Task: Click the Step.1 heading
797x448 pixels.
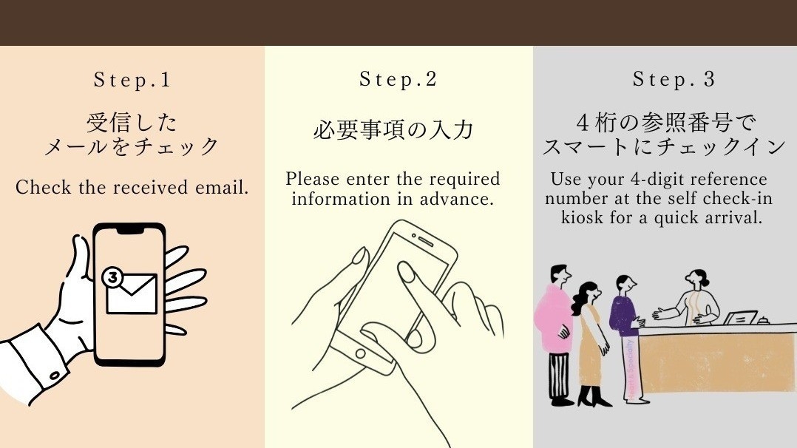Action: pyautogui.click(x=132, y=80)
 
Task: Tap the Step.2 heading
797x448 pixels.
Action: pyautogui.click(x=398, y=79)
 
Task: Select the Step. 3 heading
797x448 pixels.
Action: pyautogui.click(x=674, y=79)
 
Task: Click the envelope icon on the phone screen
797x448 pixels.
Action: pyautogui.click(x=132, y=293)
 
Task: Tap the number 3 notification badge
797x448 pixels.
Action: pyautogui.click(x=112, y=278)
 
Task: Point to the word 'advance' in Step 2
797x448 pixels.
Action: pyautogui.click(x=463, y=199)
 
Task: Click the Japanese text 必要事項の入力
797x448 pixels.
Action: pyautogui.click(x=392, y=131)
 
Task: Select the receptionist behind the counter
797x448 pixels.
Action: pyautogui.click(x=693, y=299)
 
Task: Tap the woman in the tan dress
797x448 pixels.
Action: pyautogui.click(x=590, y=340)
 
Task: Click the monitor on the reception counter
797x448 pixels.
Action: pyautogui.click(x=740, y=318)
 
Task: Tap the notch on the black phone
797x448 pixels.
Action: pyautogui.click(x=130, y=230)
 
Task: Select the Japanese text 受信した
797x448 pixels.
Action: pyautogui.click(x=132, y=122)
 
